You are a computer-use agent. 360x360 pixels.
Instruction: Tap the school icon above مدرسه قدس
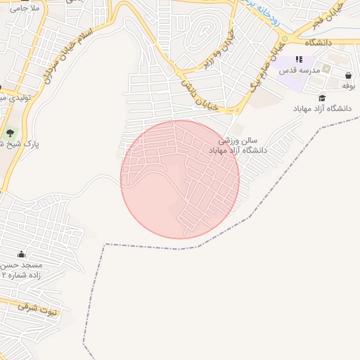click(x=300, y=60)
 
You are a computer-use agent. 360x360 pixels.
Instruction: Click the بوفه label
click(x=349, y=85)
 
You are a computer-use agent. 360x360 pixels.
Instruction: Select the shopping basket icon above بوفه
click(x=349, y=75)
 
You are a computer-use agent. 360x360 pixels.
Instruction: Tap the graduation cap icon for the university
click(x=322, y=98)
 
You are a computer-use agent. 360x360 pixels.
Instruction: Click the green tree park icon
click(x=10, y=132)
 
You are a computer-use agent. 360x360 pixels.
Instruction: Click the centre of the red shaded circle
click(x=180, y=179)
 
